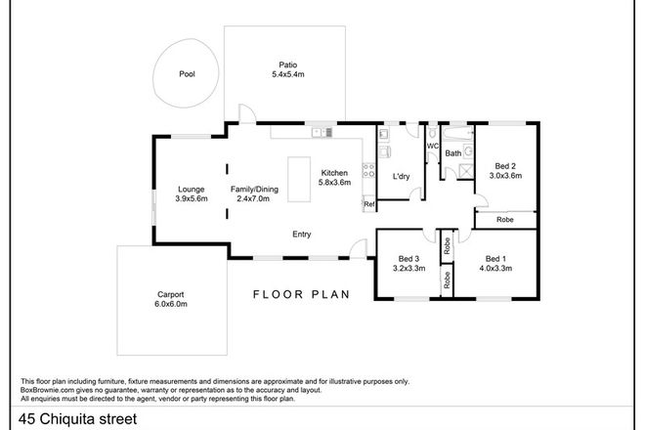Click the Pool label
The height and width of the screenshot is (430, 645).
point(187,73)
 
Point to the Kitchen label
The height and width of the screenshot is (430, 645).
point(334,172)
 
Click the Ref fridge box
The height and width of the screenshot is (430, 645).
point(368,203)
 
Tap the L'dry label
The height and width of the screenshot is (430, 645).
point(401,177)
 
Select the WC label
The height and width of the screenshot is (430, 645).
point(431,146)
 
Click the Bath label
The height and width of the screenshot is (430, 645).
point(453,153)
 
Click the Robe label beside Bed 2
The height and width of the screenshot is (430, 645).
point(504,220)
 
